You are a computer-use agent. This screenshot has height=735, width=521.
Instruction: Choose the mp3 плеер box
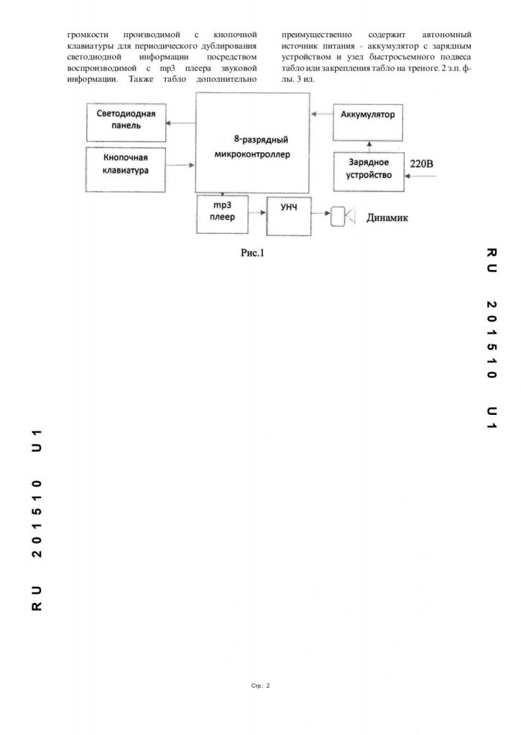(x=222, y=214)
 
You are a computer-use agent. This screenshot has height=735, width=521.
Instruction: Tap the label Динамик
(x=387, y=217)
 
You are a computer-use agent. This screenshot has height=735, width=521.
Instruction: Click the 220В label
(x=422, y=164)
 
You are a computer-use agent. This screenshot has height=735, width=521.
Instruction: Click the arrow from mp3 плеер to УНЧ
(x=257, y=214)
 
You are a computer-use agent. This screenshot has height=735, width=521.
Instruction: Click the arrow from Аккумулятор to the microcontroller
(x=321, y=114)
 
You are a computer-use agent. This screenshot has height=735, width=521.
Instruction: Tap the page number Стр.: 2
(x=260, y=686)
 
